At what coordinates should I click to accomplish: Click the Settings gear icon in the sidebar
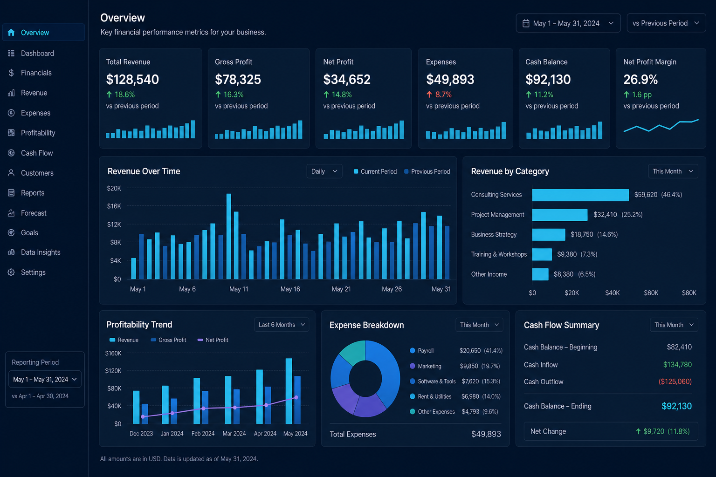(x=11, y=272)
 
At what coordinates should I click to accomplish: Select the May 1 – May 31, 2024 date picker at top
(x=568, y=23)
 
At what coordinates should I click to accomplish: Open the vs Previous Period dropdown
(x=666, y=23)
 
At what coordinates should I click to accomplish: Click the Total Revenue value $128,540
(x=132, y=79)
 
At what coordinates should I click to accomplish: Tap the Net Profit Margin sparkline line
(x=661, y=127)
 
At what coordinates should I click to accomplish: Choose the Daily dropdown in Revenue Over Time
(x=324, y=171)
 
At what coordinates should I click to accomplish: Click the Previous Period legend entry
(x=427, y=171)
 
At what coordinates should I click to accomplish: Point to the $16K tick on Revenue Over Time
(x=114, y=206)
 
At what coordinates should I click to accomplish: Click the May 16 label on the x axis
(x=290, y=289)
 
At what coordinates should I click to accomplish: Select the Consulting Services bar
(x=580, y=195)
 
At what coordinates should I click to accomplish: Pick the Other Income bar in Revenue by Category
(x=540, y=274)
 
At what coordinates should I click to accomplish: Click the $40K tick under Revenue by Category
(x=612, y=293)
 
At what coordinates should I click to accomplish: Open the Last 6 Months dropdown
(x=282, y=325)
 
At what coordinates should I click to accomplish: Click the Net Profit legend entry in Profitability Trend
(x=213, y=340)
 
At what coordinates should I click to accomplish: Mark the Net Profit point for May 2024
(x=296, y=397)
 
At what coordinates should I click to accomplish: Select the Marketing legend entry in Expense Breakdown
(x=426, y=366)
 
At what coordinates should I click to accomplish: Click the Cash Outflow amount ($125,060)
(x=675, y=382)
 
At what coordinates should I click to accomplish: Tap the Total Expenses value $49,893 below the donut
(x=486, y=434)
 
